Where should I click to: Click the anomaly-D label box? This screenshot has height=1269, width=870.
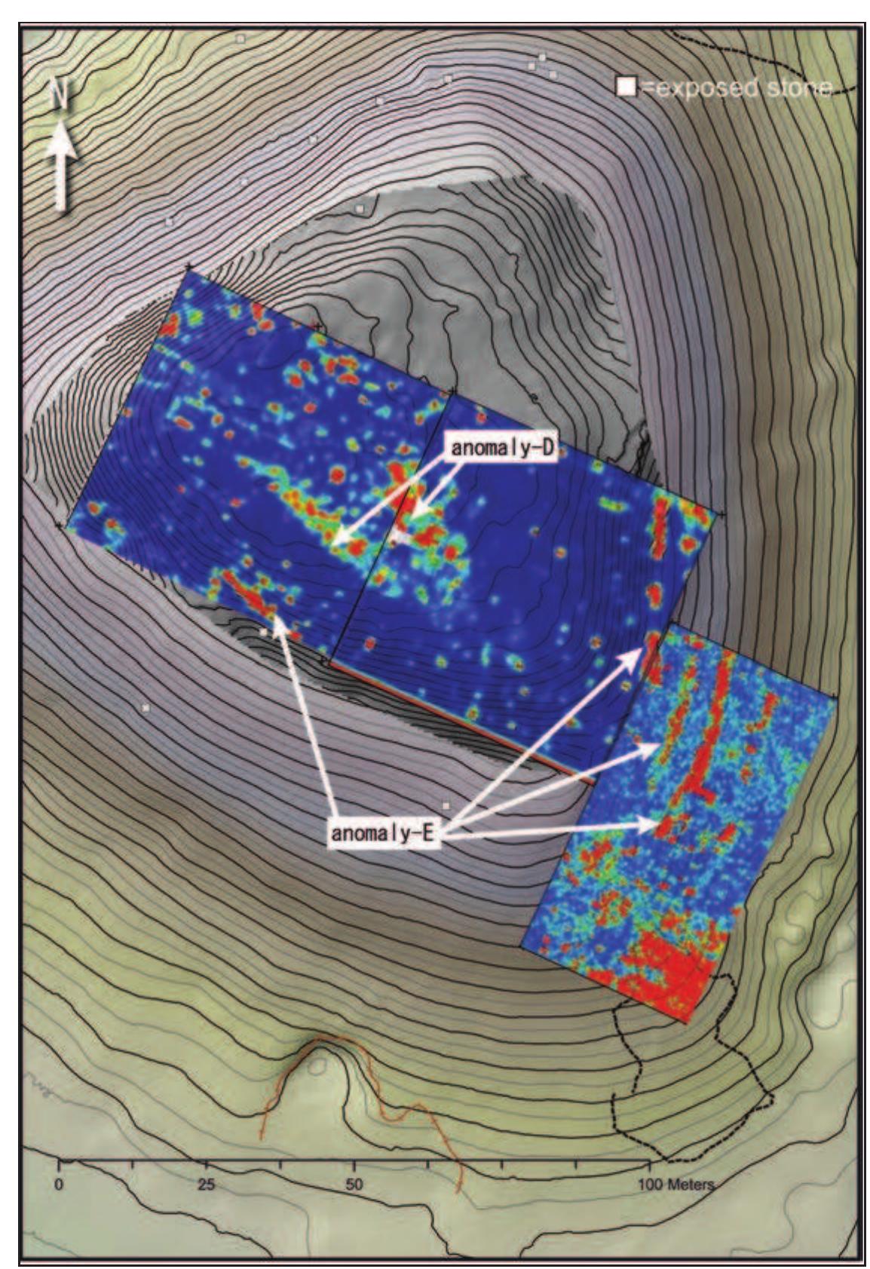(502, 448)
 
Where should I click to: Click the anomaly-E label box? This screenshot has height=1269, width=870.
(383, 834)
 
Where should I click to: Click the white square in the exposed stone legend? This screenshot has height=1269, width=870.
(625, 87)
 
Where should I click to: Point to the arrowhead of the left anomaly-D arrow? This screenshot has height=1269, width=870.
(333, 541)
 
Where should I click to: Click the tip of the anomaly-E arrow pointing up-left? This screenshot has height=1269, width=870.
(277, 620)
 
